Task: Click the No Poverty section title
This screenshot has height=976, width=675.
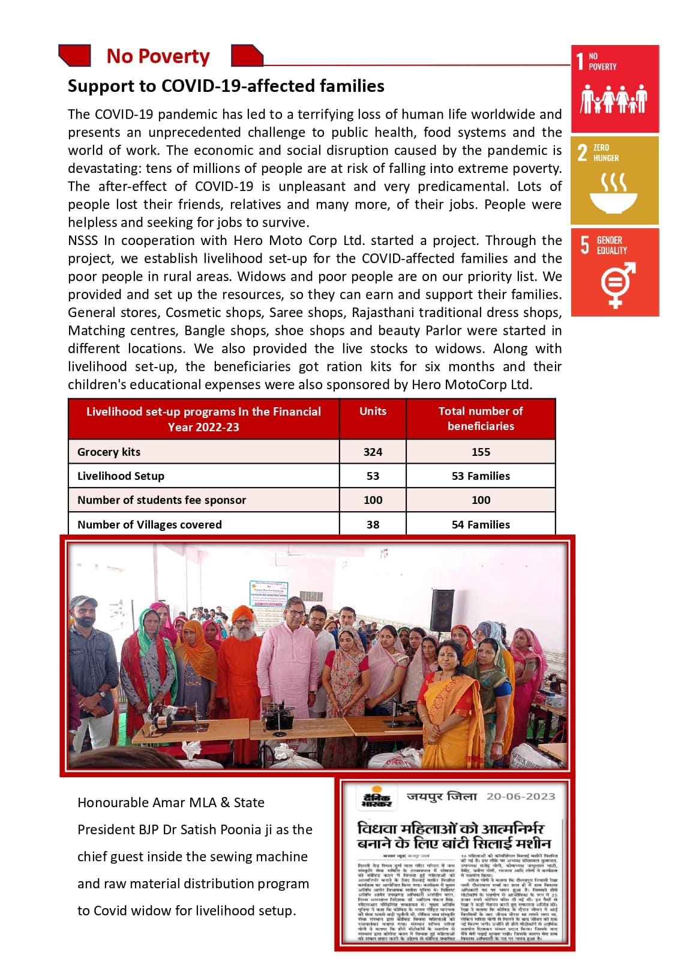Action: click(x=158, y=56)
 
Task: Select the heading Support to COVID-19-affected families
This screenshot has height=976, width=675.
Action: click(x=226, y=86)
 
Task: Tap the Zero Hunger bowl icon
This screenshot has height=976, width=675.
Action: click(x=613, y=193)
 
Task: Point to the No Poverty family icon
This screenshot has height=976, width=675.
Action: click(x=613, y=99)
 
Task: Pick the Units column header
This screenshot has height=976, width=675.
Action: click(x=373, y=411)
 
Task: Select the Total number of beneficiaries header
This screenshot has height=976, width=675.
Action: click(x=481, y=419)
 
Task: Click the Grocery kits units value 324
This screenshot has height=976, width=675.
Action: click(x=373, y=452)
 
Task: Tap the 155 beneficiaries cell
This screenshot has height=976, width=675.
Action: click(x=481, y=452)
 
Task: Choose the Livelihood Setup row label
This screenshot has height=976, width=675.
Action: click(x=121, y=476)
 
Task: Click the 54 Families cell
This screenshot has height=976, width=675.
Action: click(x=481, y=524)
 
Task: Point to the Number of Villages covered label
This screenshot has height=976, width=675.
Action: click(x=149, y=524)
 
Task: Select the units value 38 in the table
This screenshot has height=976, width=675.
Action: click(x=373, y=524)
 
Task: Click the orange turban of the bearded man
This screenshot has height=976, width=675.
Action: click(x=241, y=614)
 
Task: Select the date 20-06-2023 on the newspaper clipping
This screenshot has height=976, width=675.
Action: click(x=521, y=796)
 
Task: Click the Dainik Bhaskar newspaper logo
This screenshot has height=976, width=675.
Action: click(x=376, y=798)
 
